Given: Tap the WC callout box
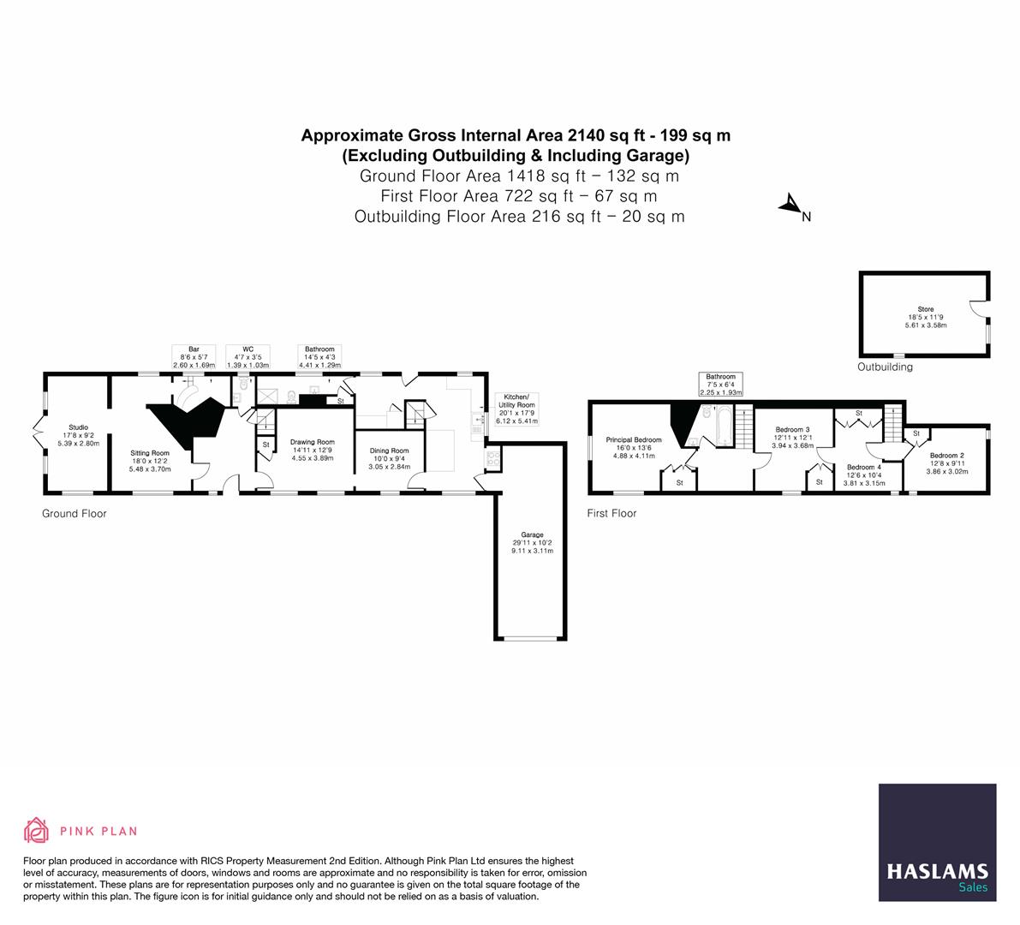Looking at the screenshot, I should pos(248,357).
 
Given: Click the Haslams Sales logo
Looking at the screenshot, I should pos(937,842).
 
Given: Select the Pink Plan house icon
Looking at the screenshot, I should pos(37,830).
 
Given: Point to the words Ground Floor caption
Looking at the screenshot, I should pos(75,514).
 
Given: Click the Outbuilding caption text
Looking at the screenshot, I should pos(885,367).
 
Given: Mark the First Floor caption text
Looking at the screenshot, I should pos(611,514).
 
